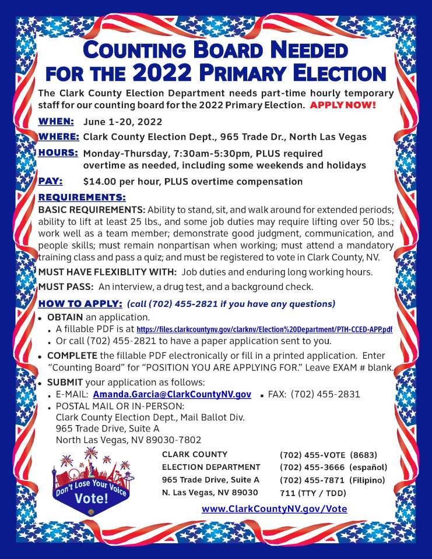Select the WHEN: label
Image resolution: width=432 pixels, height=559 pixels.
point(56,122)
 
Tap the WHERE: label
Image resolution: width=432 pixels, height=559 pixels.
point(58,137)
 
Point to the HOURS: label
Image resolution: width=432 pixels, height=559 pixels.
point(58,153)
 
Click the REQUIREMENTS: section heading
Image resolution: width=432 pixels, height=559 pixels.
point(82,197)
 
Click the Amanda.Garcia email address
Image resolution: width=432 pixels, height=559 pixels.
point(172,394)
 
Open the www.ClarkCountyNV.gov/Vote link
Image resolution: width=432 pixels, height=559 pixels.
point(274,509)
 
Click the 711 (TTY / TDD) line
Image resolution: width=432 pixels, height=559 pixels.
point(313,493)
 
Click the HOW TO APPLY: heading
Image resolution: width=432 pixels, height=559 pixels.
point(80,304)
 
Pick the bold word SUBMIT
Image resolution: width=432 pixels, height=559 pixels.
point(65,382)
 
